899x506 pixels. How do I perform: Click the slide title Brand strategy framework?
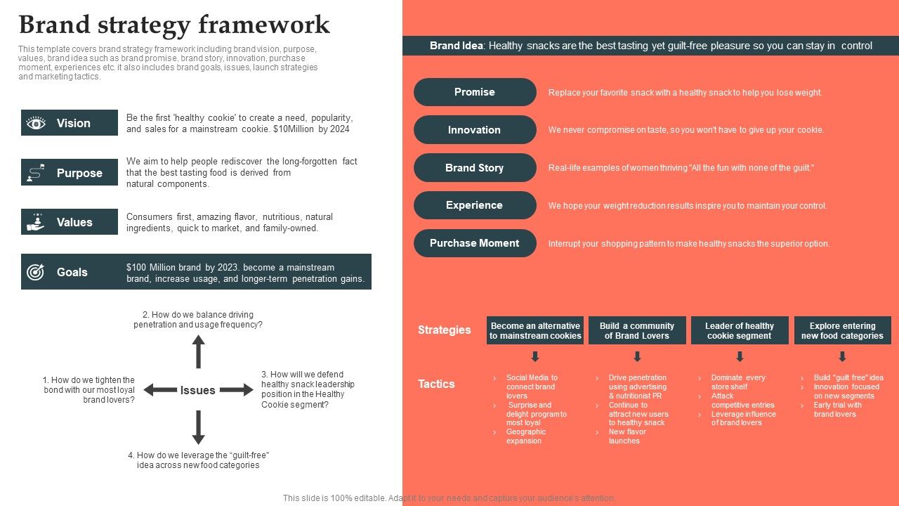pos(174,25)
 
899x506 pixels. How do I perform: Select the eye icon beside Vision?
pos(36,123)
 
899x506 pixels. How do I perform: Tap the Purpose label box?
pos(70,173)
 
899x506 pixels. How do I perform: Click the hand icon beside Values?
pos(36,222)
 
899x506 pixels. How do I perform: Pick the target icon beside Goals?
pos(36,272)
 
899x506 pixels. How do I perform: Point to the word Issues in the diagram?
pos(197,391)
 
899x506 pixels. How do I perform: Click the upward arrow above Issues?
pos(199,351)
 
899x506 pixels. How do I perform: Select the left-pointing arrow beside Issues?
pos(159,390)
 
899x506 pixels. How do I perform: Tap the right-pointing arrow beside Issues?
pos(236,390)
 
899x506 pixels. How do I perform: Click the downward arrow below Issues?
pos(199,427)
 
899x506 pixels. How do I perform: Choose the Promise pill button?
pos(475,92)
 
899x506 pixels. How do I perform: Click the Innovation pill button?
pos(475,130)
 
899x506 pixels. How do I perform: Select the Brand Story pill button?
pos(475,168)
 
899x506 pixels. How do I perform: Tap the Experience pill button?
pos(475,205)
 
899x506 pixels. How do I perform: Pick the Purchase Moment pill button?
pos(475,243)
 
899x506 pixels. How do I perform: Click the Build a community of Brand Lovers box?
pos(637,330)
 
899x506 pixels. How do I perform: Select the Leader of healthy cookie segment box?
pos(740,330)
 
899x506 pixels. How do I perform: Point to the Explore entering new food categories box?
pos(842,330)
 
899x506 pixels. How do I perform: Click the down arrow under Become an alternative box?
pos(535,356)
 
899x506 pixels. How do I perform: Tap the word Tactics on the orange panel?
pos(436,384)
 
